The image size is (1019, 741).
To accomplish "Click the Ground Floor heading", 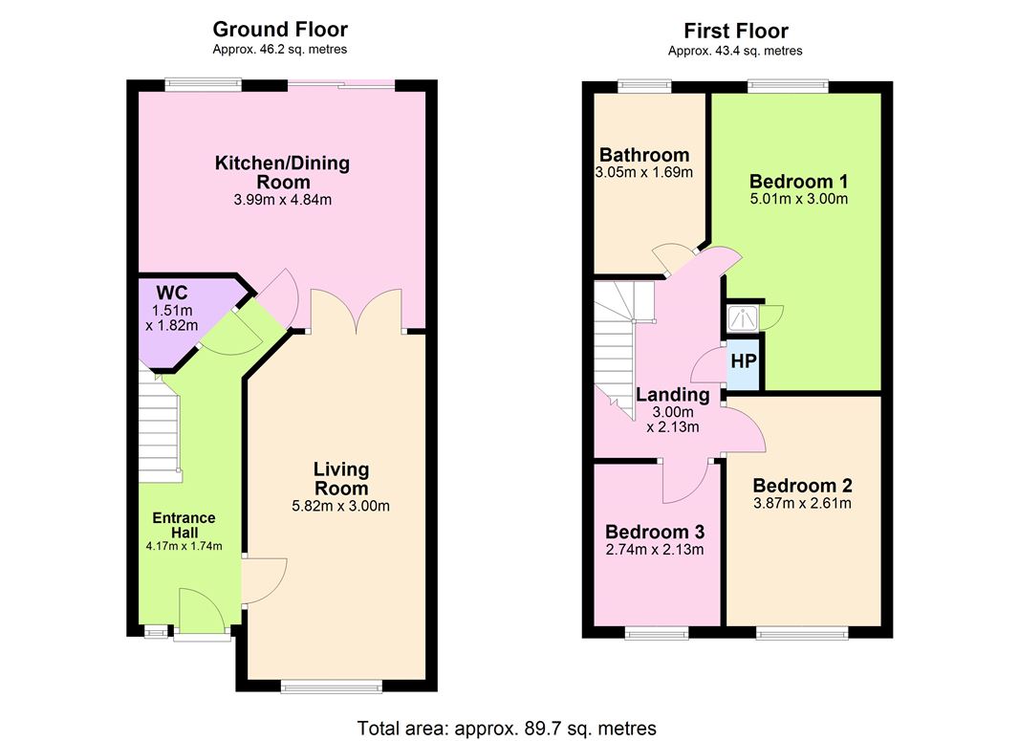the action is (280, 30).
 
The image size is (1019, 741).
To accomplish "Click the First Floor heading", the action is (736, 31).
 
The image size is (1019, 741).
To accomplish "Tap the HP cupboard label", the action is (744, 360).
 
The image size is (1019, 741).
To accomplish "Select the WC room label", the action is (171, 292).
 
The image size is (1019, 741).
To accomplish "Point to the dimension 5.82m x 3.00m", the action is (341, 506).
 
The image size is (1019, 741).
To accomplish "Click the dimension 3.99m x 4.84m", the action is (283, 200).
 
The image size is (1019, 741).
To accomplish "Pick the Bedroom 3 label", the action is (655, 532).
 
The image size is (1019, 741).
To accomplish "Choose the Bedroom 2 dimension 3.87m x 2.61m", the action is (802, 503).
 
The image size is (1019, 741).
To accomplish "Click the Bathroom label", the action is (644, 155).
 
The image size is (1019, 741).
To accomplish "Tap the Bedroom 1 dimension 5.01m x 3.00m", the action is (799, 199).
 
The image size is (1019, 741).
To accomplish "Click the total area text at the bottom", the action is (507, 728).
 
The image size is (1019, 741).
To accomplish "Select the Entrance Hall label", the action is (184, 525).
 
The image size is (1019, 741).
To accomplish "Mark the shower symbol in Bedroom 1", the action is (742, 317).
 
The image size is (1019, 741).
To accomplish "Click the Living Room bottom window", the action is (332, 686).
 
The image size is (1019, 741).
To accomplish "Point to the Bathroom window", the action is (644, 85).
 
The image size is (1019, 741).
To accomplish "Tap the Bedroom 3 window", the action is (657, 632).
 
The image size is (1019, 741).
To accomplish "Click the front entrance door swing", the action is (202, 610).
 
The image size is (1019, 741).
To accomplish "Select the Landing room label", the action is (673, 395).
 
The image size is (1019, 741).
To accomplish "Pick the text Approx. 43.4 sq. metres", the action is (735, 51).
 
